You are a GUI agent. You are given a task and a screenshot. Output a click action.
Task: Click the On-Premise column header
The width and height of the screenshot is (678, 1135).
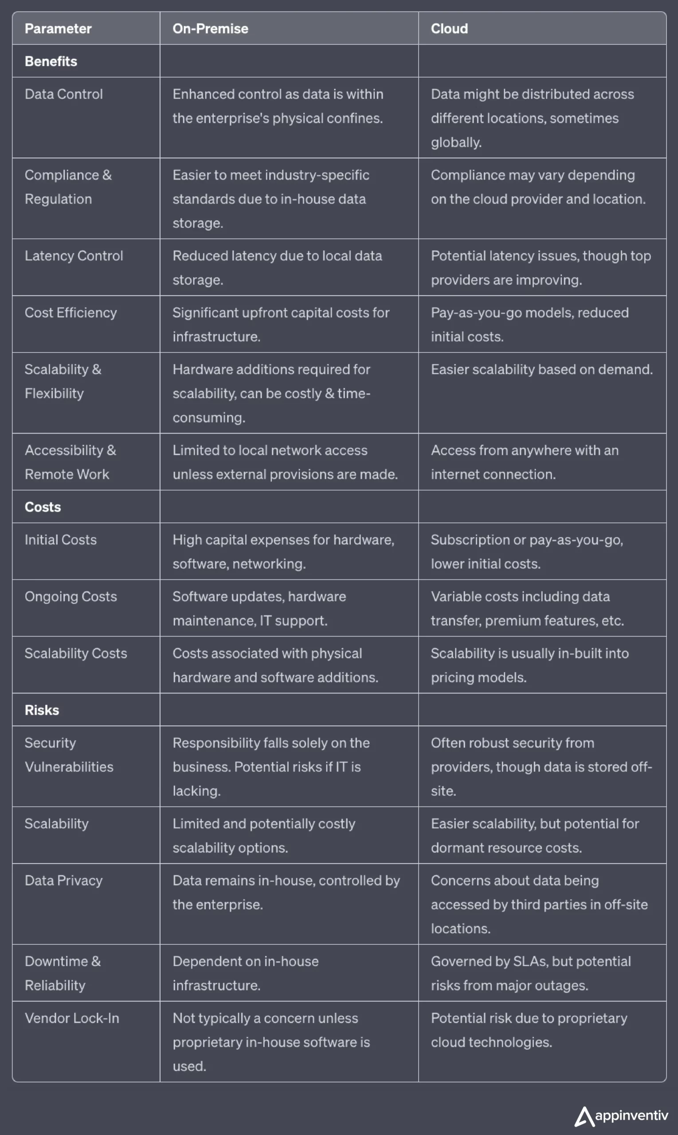point(210,29)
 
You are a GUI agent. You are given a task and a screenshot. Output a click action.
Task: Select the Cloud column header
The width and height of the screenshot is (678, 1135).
point(449,29)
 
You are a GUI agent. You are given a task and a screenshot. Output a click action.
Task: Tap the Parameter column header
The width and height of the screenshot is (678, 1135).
point(58,29)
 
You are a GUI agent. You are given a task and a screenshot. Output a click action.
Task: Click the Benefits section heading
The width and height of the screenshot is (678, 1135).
point(51,61)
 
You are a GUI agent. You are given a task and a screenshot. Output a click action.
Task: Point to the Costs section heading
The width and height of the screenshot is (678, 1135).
point(43,507)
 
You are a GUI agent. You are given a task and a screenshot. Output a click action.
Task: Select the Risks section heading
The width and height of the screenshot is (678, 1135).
point(42,710)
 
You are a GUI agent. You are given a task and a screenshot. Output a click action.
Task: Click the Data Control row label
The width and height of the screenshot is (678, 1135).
point(63,94)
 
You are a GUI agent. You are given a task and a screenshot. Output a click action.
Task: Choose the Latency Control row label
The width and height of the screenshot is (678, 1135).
point(74,256)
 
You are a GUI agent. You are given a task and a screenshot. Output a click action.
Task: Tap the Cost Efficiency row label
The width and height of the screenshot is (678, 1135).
point(71,313)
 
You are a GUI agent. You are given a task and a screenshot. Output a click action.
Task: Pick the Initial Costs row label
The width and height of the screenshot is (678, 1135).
point(60,540)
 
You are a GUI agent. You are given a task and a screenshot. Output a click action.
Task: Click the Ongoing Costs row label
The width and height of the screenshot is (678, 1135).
point(71,596)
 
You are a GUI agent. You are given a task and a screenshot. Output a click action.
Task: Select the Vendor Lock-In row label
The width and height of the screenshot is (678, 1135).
point(72,1018)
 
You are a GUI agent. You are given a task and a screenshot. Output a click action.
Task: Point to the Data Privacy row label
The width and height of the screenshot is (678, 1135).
point(63,881)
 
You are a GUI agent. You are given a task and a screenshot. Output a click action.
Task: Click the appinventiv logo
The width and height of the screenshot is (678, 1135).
point(621,1116)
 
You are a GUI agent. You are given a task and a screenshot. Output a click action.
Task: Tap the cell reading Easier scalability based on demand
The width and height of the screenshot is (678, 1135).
point(541,369)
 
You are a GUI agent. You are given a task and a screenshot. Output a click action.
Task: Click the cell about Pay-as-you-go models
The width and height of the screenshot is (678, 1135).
point(529,324)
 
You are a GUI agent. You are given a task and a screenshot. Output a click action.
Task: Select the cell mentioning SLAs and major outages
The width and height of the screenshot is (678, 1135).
point(530,973)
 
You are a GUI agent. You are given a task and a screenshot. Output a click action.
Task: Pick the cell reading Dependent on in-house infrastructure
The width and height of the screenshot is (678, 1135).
point(245,973)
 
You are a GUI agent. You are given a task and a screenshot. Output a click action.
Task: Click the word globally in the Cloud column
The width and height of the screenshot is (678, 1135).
point(455,142)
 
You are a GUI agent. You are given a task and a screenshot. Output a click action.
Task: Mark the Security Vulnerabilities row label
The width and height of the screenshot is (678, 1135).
point(69,755)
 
